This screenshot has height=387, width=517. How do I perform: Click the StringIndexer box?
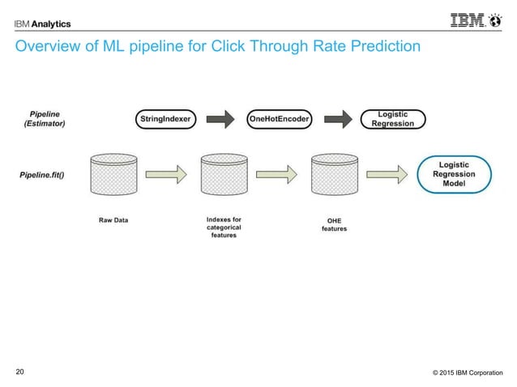165,119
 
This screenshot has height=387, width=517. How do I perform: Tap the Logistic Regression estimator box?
391,119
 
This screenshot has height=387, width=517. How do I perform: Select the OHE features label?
333,224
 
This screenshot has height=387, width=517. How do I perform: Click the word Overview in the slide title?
47,48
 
